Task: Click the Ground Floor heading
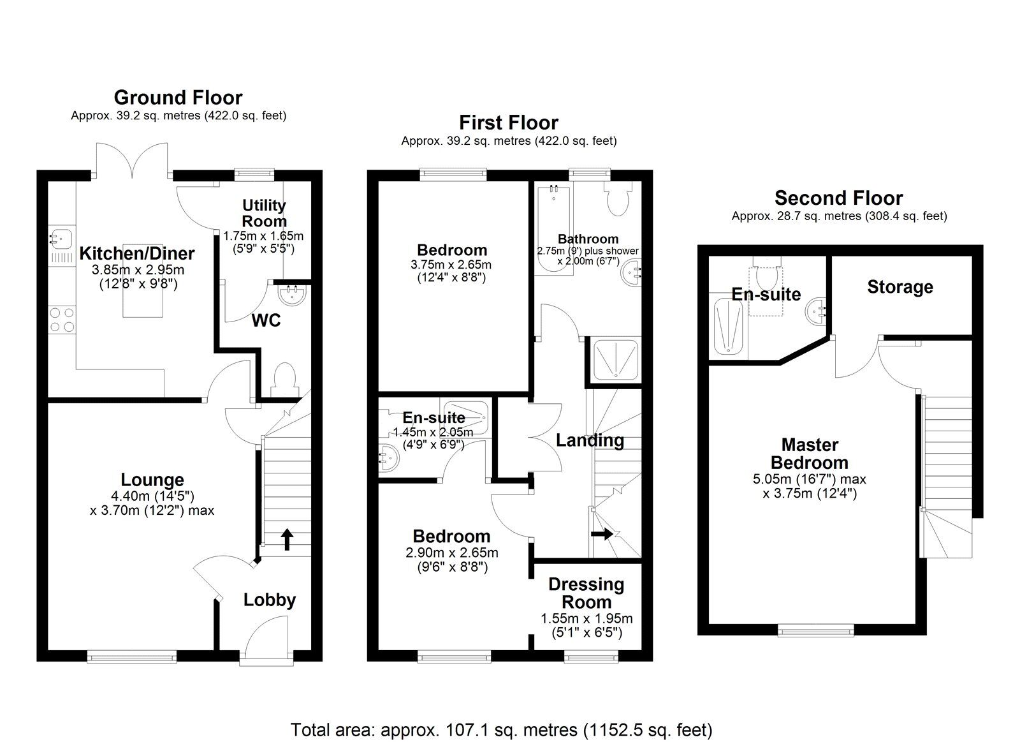(178, 98)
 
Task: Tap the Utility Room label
(264, 214)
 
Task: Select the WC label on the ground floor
(266, 321)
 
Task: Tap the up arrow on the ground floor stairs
(286, 539)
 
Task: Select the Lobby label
(270, 600)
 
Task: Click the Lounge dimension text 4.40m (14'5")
(152, 496)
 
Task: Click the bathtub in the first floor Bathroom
(553, 230)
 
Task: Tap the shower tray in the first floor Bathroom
(613, 360)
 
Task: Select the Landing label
(590, 440)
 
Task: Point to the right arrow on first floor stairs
(602, 533)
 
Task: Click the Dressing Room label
(586, 593)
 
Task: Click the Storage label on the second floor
(900, 287)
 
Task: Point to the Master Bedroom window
(816, 630)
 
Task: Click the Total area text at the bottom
(501, 729)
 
